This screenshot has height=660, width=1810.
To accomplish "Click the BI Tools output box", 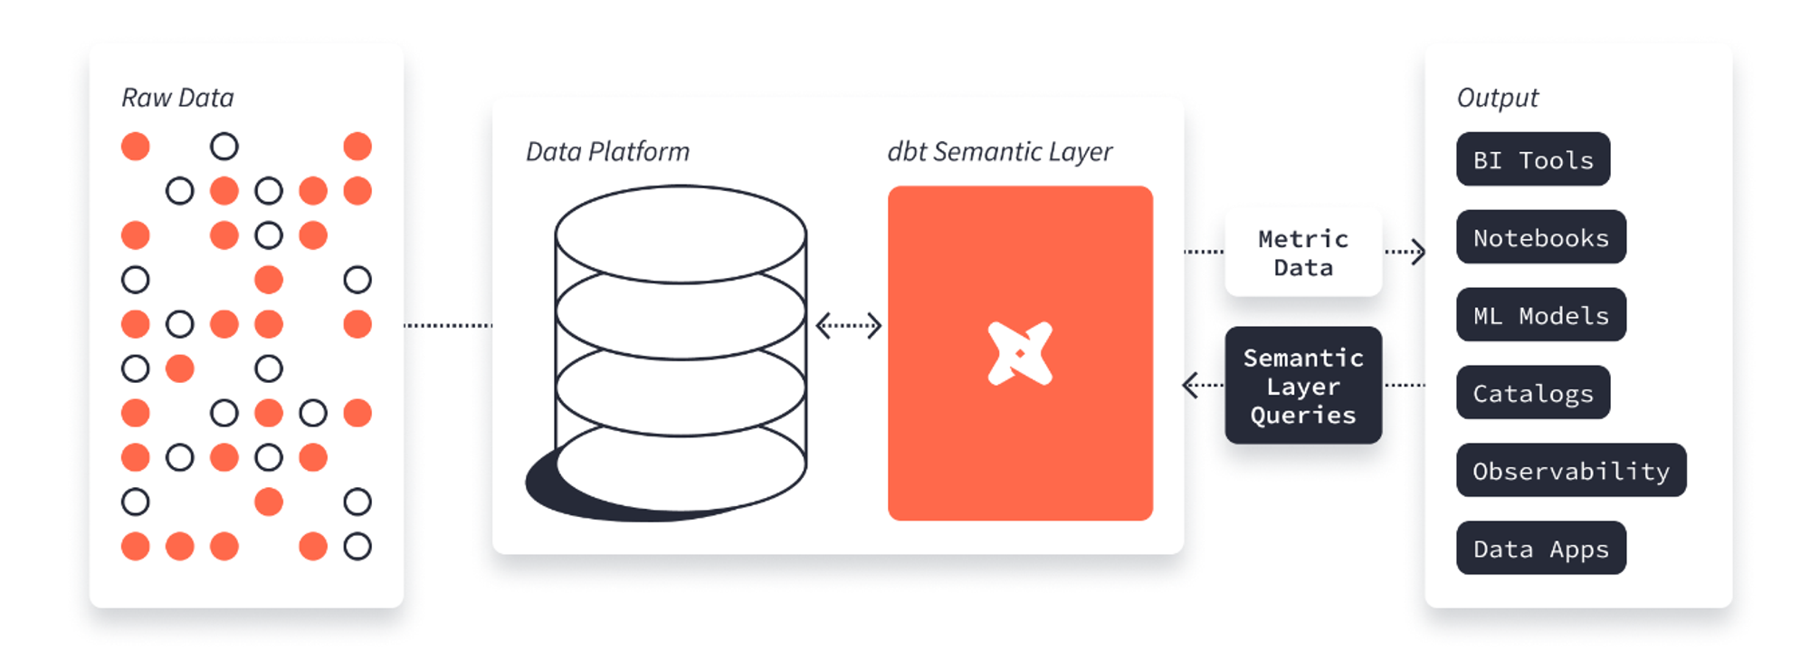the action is coord(1533,159).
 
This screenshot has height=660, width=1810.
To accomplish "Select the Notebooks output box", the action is coord(1541,237).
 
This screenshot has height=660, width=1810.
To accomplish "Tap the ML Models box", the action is coord(1541,315).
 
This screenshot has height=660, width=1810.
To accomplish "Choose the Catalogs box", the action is coord(1533,393).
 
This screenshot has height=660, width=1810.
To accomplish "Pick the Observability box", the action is coord(1571,471).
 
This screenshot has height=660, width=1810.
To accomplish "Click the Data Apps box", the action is coord(1541,549).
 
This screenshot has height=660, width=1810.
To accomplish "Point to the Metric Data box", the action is coord(1303,253).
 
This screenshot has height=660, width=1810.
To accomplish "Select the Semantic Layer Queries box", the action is coord(1303,386).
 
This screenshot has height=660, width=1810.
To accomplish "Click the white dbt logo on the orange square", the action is coord(1020,353).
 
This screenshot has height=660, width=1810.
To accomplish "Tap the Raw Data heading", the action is coord(177,98).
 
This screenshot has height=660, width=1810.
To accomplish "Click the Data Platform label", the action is coord(607,151).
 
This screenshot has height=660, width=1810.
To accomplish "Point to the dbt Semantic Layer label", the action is coord(1000,152).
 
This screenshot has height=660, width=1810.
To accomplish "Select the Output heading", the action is coord(1498,98).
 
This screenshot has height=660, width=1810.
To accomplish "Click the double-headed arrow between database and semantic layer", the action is coord(848,326).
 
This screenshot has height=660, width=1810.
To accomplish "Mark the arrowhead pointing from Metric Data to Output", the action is coord(1419,252).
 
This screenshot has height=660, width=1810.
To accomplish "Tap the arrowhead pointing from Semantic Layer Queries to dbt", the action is coord(1190,386).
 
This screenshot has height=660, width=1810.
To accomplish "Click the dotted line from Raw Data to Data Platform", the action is coord(448,325).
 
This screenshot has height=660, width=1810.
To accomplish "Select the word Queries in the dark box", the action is coord(1303,416).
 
